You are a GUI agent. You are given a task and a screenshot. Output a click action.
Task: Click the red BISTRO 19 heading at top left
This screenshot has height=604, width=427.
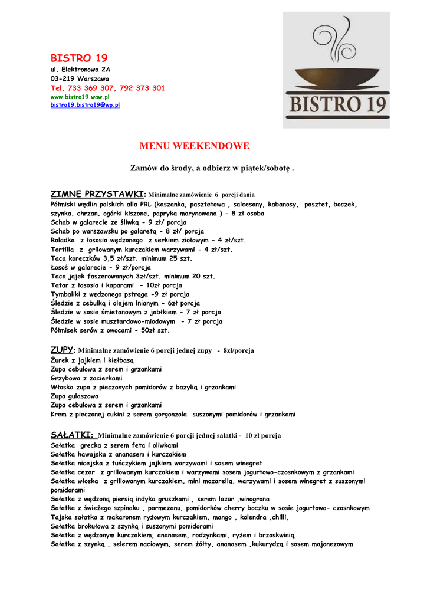(x=79, y=58)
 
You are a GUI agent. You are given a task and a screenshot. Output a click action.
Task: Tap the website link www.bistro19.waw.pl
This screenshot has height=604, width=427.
(x=80, y=96)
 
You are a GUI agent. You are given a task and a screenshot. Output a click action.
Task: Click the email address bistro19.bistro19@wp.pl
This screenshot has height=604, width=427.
(x=86, y=104)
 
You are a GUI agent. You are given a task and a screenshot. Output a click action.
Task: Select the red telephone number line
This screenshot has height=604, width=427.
(x=108, y=88)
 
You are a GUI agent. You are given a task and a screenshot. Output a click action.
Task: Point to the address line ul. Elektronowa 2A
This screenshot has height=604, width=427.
(x=80, y=70)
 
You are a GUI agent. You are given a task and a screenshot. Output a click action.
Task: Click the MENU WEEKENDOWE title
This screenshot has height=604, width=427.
(x=194, y=146)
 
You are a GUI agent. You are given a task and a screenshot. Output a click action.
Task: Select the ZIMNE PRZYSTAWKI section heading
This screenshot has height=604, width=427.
(x=97, y=194)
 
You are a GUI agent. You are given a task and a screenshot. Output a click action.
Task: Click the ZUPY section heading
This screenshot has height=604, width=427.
(x=64, y=349)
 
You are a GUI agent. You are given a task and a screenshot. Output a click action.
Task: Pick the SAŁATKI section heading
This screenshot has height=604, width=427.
(x=73, y=435)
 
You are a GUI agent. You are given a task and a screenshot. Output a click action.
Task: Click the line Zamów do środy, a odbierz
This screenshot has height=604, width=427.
(x=212, y=169)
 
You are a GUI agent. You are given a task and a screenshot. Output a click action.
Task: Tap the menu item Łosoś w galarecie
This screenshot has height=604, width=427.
(x=101, y=267)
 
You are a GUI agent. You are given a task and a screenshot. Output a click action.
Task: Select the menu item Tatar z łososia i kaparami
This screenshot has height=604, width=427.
(x=112, y=285)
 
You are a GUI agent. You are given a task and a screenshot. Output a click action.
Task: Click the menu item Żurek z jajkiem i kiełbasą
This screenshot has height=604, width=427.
(x=93, y=360)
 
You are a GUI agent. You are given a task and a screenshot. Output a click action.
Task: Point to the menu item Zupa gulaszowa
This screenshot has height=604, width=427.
(x=75, y=396)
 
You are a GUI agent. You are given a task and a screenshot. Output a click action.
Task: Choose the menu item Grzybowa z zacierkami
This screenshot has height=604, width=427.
(x=87, y=378)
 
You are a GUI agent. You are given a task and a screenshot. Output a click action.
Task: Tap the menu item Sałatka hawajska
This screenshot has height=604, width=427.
(x=119, y=454)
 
